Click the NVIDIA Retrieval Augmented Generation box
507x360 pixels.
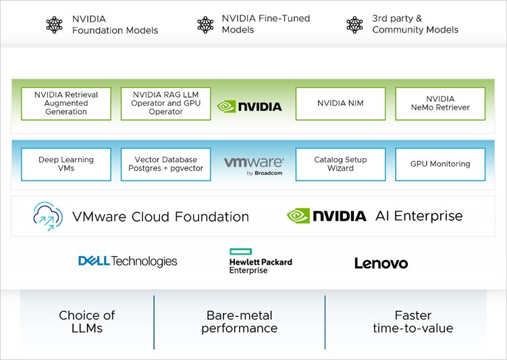click(x=66, y=103)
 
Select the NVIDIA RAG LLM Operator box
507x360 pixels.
click(x=165, y=103)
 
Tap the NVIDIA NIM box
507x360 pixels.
click(x=340, y=103)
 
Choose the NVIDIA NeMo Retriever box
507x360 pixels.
click(x=440, y=103)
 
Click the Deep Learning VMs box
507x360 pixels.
click(x=66, y=164)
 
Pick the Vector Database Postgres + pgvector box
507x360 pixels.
click(x=165, y=164)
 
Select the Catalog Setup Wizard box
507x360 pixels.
click(x=340, y=164)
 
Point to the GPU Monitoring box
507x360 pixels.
click(x=440, y=164)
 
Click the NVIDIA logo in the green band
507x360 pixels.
click(x=250, y=106)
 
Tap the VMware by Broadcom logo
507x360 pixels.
click(x=253, y=165)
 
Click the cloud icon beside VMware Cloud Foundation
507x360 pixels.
click(x=48, y=216)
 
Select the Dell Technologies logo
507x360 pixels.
click(x=128, y=261)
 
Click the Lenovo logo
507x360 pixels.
click(x=381, y=263)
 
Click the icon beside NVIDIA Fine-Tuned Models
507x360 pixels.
click(x=205, y=25)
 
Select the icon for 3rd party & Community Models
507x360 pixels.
click(x=354, y=25)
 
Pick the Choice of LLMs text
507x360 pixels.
click(x=87, y=322)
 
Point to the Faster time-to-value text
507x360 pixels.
click(x=412, y=322)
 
